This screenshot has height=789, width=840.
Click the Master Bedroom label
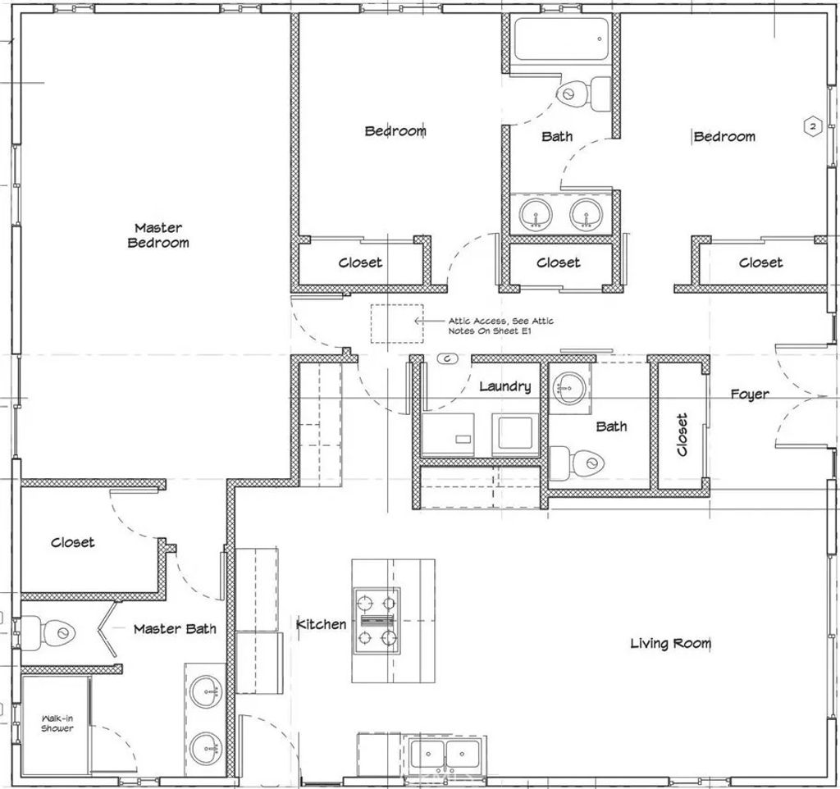pos(158,235)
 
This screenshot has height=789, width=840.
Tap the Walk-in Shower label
pos(57,723)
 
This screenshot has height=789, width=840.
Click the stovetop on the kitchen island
pos(377,620)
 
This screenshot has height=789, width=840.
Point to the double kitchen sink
pos(444,753)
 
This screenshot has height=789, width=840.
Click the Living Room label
pos(670,643)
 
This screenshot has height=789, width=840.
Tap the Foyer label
pos(750,394)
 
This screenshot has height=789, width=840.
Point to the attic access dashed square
pos(396,324)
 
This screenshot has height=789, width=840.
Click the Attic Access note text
pos(500,326)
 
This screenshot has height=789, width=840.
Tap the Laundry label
pos(504,386)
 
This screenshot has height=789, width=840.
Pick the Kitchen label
pos(321,624)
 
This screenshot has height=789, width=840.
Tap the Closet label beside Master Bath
pos(72,542)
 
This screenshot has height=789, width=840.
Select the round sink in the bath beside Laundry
pos(567,385)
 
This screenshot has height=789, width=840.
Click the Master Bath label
pos(175,628)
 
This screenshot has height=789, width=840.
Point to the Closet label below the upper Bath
pos(558,262)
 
